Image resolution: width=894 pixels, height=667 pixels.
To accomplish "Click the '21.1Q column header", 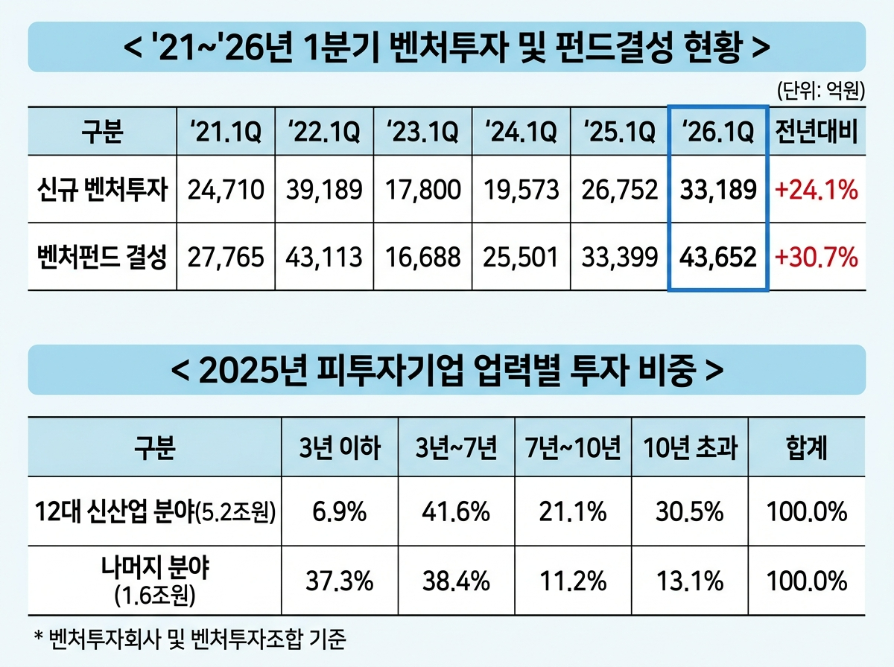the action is [x=226, y=132].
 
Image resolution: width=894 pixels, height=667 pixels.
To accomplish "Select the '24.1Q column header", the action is [x=521, y=132].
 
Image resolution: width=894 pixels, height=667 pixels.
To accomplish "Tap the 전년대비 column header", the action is [x=817, y=132].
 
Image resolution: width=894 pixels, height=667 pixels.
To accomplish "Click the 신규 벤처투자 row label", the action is [x=102, y=189].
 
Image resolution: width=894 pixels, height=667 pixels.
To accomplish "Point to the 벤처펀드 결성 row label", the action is [x=102, y=257].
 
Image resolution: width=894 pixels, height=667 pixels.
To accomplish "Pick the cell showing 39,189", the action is [x=324, y=190].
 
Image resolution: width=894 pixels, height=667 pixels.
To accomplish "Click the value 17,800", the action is [x=422, y=190].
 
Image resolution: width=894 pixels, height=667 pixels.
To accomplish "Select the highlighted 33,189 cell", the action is [x=718, y=190].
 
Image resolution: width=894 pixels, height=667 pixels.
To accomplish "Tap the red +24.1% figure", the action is [x=817, y=190].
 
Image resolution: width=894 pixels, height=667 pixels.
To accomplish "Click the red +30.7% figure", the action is [x=817, y=257].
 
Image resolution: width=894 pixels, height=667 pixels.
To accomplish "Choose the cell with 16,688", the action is [x=422, y=257].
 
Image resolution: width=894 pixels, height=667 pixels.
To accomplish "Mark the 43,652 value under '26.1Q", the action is [x=718, y=257].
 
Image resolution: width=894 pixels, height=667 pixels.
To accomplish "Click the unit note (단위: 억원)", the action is [x=821, y=91].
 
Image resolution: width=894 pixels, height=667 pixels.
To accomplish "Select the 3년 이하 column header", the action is [x=340, y=447].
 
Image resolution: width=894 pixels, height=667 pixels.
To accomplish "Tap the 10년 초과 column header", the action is [x=691, y=447].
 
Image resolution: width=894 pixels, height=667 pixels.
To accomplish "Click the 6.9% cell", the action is [x=340, y=511].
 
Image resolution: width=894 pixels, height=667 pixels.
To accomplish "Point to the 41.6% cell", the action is [x=456, y=511].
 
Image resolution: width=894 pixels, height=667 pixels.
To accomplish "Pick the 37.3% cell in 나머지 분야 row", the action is [x=340, y=581].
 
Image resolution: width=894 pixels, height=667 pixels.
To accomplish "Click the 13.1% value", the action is [x=691, y=581].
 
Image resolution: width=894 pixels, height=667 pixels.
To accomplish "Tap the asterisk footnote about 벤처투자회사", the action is [x=190, y=639].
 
